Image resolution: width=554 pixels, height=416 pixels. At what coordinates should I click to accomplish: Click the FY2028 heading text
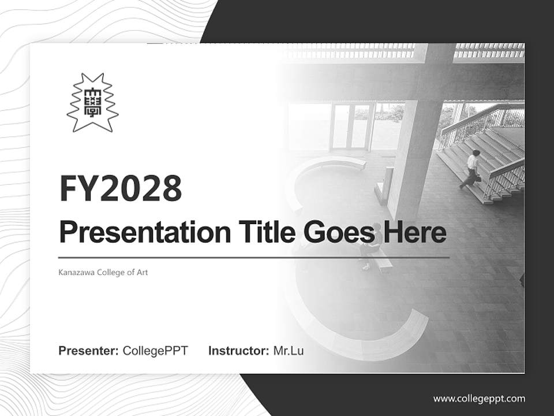point(121,188)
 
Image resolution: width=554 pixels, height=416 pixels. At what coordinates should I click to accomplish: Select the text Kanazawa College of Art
point(103,272)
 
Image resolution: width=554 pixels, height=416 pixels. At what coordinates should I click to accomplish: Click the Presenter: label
point(89,351)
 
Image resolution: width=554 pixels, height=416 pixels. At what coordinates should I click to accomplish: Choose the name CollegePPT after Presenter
point(155,351)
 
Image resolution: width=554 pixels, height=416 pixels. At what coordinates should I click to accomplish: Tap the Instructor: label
point(238,351)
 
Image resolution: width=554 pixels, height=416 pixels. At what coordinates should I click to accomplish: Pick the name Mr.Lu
point(289,351)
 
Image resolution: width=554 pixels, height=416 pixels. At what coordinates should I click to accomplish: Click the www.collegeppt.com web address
point(479,398)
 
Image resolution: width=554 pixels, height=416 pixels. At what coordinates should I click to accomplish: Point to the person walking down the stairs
point(472,168)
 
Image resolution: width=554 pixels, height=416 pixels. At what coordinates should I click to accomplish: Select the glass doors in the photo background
point(350,126)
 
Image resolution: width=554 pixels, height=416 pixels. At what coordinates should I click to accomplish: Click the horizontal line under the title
point(254,258)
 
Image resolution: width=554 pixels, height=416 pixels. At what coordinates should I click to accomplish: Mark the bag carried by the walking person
point(478,177)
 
